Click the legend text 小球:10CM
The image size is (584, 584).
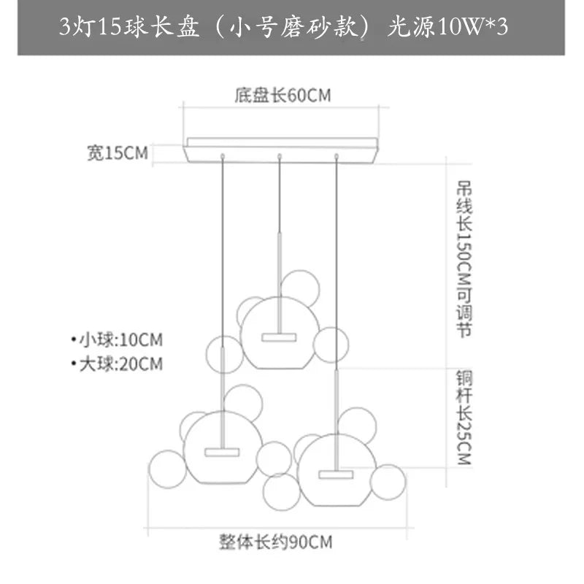[x=116, y=340]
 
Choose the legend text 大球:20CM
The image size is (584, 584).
[x=116, y=363]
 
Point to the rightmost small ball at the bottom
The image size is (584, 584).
[x=388, y=482]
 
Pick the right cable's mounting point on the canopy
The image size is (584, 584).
[x=337, y=155]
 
